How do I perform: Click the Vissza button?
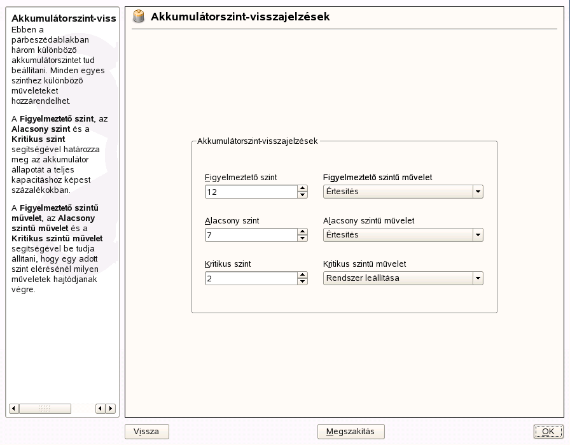click(x=146, y=432)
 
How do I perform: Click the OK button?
click(x=548, y=432)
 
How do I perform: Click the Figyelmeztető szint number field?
click(x=251, y=192)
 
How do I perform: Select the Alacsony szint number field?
click(x=251, y=235)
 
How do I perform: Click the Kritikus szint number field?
click(x=251, y=278)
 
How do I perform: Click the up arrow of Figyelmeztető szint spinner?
click(x=303, y=188)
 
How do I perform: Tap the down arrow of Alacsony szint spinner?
click(x=303, y=238)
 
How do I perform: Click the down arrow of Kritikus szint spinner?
click(x=303, y=281)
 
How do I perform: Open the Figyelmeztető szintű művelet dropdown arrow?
click(x=478, y=192)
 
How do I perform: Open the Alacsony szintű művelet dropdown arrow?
click(x=478, y=235)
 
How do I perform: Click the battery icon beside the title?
click(x=139, y=17)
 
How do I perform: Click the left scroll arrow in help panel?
click(x=14, y=408)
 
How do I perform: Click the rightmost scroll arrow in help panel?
click(x=111, y=408)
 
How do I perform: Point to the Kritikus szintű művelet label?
click(x=365, y=264)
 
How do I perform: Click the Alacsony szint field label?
click(x=232, y=221)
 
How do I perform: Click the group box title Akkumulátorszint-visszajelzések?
click(x=257, y=141)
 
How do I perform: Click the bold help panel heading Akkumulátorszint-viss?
click(x=64, y=18)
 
